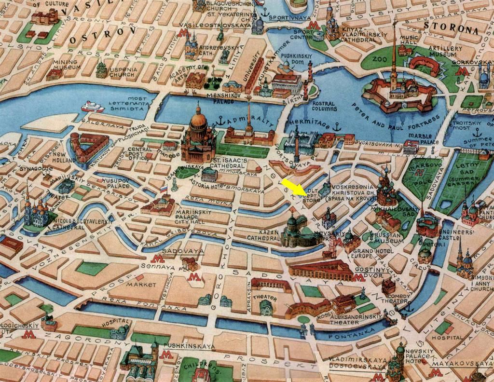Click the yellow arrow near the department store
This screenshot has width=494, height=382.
pyautogui.click(x=293, y=187)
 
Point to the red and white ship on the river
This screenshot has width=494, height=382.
pyautogui.click(x=92, y=107)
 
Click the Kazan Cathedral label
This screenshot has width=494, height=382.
pyautogui.click(x=263, y=235)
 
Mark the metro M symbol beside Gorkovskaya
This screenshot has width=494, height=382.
pyautogui.click(x=462, y=71)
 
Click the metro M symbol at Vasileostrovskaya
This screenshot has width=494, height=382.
pyautogui.click(x=183, y=33)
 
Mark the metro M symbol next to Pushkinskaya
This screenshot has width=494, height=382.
pyautogui.click(x=167, y=355)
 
